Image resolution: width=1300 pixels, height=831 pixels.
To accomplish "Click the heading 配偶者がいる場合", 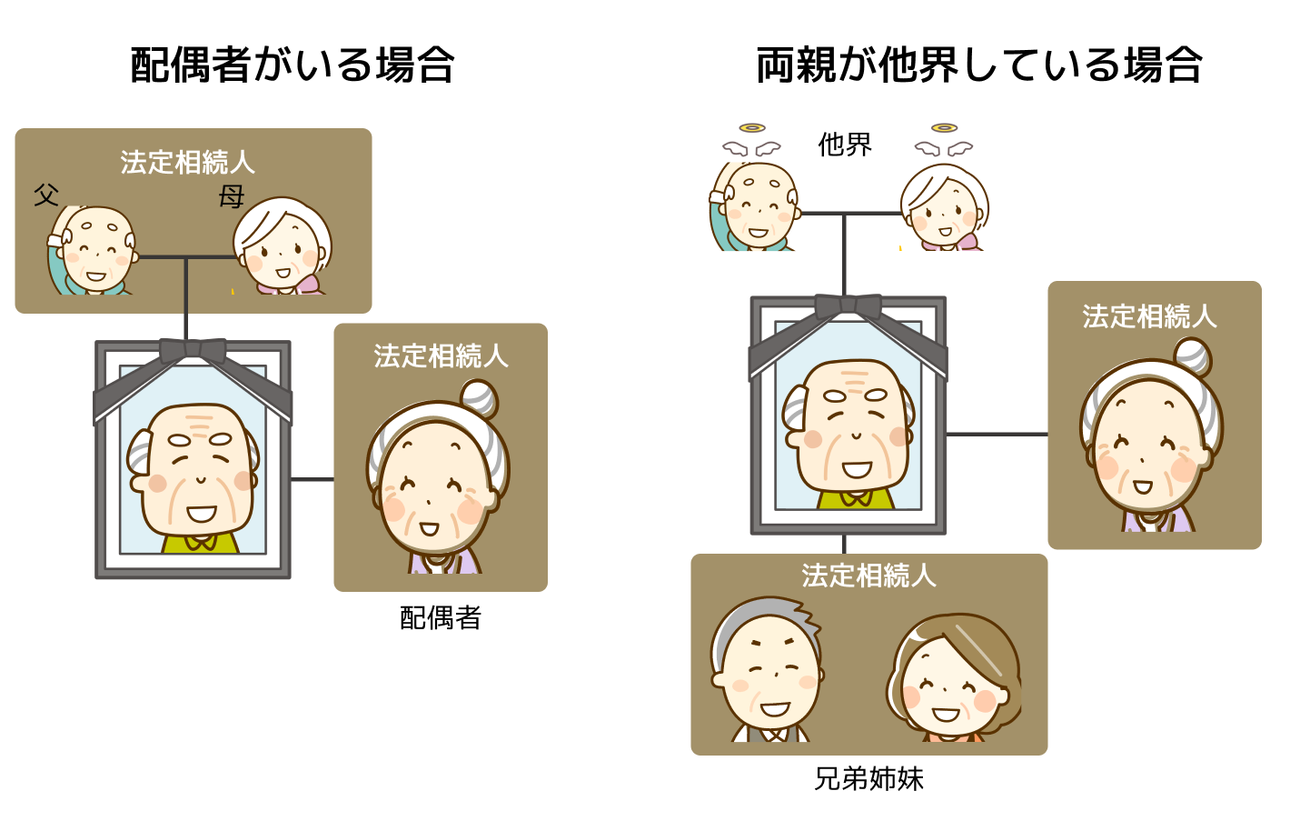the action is [x=292, y=65].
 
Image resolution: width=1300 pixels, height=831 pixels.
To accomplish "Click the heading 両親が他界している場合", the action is [x=979, y=65].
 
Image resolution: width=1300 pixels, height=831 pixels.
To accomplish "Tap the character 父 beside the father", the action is [x=46, y=195].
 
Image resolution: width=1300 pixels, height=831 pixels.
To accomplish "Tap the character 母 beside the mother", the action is [x=231, y=197].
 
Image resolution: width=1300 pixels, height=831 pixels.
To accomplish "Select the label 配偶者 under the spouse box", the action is [x=441, y=618].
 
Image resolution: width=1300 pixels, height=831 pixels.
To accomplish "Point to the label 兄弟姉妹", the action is [x=868, y=779].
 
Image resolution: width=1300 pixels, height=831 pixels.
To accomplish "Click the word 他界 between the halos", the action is [x=845, y=145].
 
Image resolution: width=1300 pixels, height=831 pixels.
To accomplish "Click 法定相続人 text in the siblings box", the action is [x=868, y=576].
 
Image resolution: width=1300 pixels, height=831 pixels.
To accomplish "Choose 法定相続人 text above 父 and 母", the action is [x=187, y=162].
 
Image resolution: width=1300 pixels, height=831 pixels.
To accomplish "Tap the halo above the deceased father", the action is [x=752, y=128].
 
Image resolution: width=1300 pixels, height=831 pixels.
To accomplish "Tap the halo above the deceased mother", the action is [x=944, y=128].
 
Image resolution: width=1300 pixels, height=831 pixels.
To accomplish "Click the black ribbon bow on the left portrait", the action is [x=193, y=351].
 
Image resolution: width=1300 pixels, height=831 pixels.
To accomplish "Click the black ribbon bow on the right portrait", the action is [x=848, y=306].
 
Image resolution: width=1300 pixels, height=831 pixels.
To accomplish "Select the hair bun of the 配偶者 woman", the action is [x=480, y=398].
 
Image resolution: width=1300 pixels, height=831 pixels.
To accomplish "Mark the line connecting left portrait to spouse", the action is [x=313, y=479].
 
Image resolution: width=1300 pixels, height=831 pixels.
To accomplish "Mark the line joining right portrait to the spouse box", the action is [x=997, y=434].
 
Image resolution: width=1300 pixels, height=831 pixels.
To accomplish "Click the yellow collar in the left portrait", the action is [x=200, y=544].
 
